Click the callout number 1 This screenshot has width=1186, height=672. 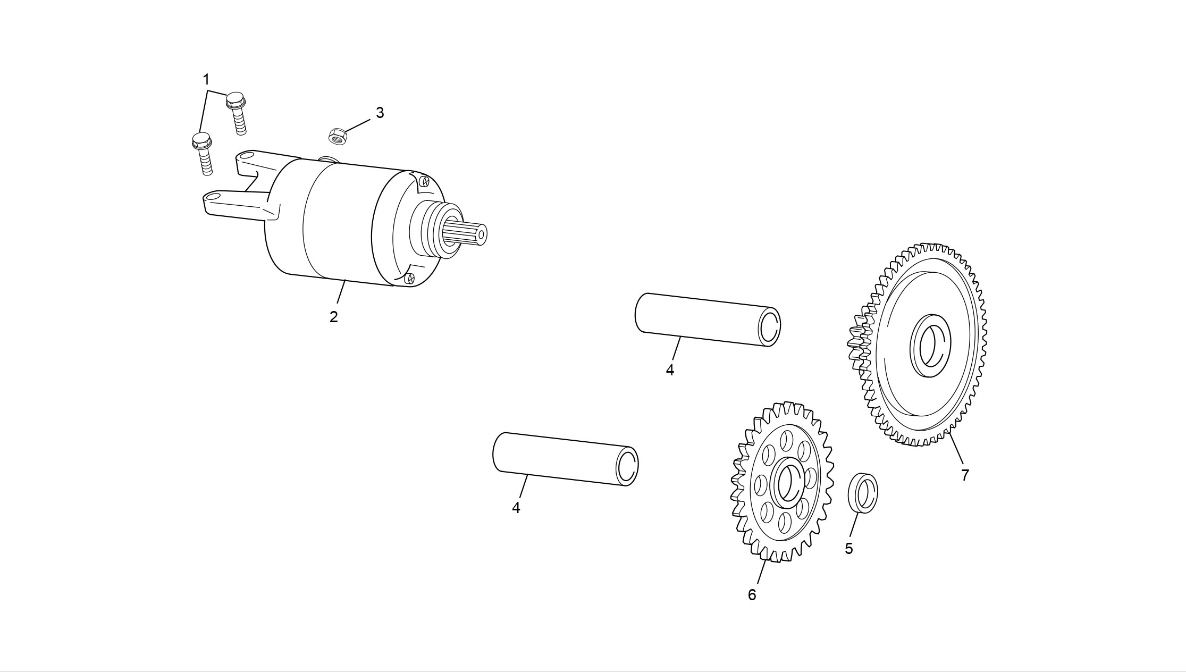(206, 80)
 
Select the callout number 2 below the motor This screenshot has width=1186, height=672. (333, 317)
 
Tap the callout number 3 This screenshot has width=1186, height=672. (380, 113)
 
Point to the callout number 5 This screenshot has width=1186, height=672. (848, 549)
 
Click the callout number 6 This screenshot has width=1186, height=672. (752, 595)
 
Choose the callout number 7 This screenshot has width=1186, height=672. (965, 475)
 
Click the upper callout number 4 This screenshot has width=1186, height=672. (670, 370)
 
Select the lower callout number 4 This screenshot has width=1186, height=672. (516, 508)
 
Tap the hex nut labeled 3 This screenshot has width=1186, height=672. (338, 136)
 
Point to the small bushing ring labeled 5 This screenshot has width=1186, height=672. (862, 492)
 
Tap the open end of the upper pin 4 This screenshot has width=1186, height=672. (769, 326)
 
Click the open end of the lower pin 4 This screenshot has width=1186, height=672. (627, 466)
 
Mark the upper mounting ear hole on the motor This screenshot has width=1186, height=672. (245, 156)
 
